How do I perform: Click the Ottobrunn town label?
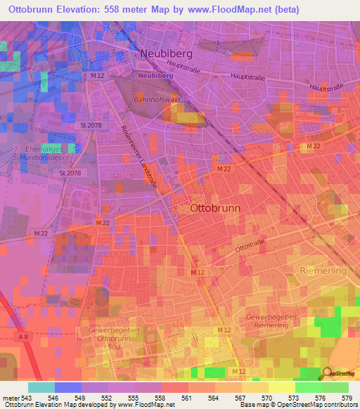(x=216, y=209)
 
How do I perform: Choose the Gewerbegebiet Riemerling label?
(x=271, y=322)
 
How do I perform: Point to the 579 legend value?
(x=347, y=397)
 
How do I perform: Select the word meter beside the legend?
(x=9, y=397)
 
